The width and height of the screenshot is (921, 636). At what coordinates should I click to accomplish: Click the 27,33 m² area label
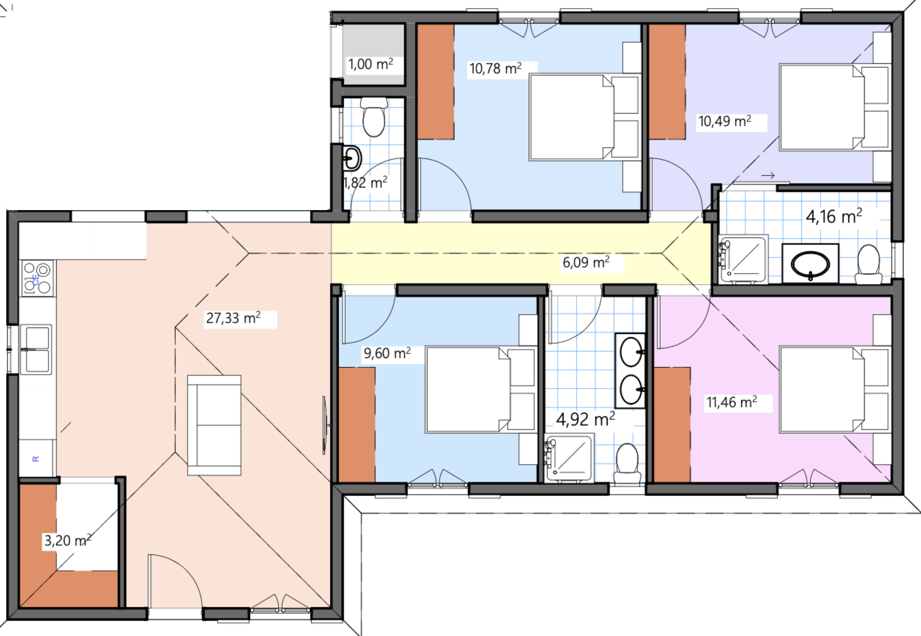coord(233,318)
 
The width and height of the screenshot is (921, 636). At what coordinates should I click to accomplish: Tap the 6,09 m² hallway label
coord(586,262)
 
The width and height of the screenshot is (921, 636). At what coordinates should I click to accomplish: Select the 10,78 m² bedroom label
coord(495,68)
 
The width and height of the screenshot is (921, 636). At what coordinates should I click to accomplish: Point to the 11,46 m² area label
coord(732,402)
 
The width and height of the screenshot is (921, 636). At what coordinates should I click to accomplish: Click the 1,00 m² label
coord(370,64)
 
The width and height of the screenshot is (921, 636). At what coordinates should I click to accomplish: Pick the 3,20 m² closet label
coord(67,540)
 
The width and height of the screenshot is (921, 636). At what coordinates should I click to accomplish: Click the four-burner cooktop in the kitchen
coord(37,278)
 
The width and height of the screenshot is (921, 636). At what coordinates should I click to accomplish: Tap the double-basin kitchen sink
coord(37,349)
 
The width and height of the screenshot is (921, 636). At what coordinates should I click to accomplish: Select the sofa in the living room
coord(214,425)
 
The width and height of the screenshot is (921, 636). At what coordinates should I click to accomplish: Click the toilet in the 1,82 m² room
coord(374,117)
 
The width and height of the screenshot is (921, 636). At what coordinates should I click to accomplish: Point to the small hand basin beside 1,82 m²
coord(352,158)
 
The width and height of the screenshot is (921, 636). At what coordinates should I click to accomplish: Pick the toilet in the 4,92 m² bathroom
coord(627,464)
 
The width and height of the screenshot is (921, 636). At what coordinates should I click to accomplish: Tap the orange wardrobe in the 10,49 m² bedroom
coord(667,82)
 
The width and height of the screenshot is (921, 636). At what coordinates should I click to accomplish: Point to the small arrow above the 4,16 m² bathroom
coord(768,175)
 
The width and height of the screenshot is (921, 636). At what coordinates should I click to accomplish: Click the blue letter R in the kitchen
coord(36,459)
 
